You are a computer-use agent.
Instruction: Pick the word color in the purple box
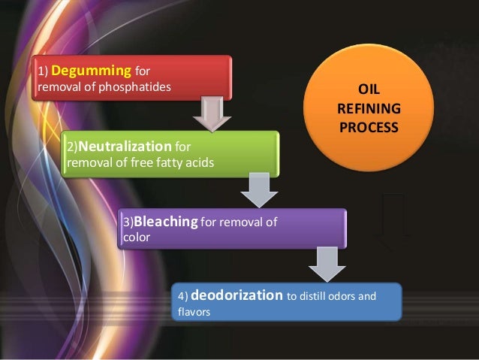pyautogui.click(x=136, y=237)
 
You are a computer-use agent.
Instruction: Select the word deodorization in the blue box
pyautogui.click(x=241, y=295)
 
